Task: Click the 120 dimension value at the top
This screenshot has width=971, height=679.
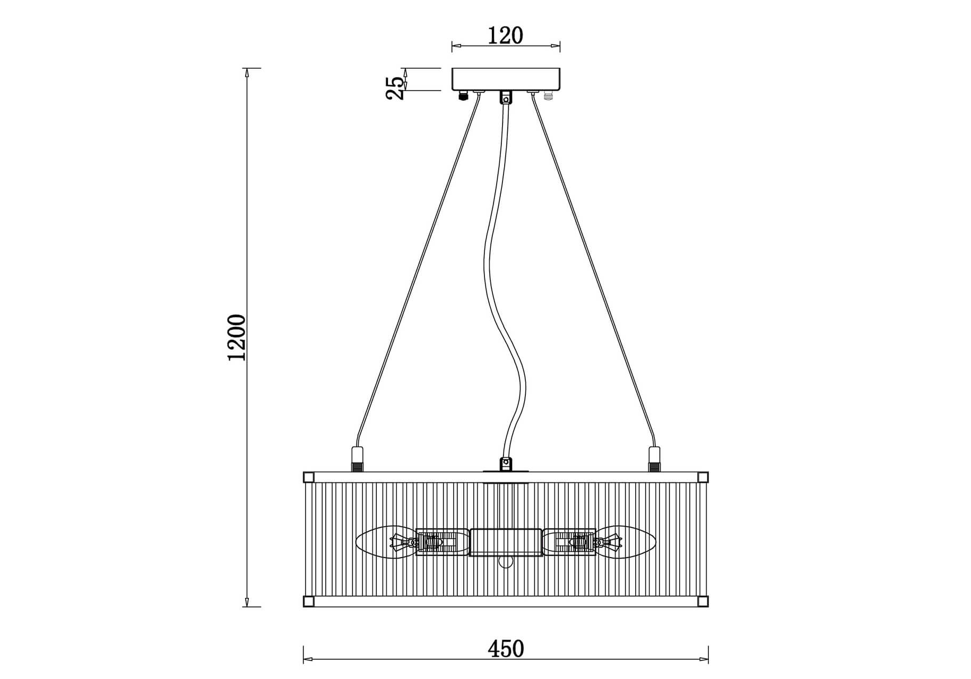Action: pyautogui.click(x=505, y=36)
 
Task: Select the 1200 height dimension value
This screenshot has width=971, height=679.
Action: pyautogui.click(x=237, y=338)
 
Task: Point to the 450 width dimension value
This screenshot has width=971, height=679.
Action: pyautogui.click(x=506, y=648)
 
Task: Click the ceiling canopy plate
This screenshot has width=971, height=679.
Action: pyautogui.click(x=506, y=80)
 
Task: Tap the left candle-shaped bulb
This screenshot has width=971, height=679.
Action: pyautogui.click(x=386, y=542)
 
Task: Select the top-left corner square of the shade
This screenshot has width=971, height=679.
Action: pyautogui.click(x=308, y=477)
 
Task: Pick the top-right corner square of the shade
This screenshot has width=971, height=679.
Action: pyautogui.click(x=703, y=477)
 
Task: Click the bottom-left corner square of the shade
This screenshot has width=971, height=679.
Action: pyautogui.click(x=308, y=601)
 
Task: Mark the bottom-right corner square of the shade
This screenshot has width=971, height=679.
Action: pyautogui.click(x=703, y=601)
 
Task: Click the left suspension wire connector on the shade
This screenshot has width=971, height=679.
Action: pyautogui.click(x=357, y=459)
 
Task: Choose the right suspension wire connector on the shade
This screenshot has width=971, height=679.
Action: pyautogui.click(x=654, y=459)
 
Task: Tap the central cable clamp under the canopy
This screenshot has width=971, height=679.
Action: pyautogui.click(x=506, y=98)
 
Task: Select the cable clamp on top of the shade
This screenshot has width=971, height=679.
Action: pyautogui.click(x=506, y=463)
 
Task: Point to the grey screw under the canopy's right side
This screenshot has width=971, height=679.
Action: pyautogui.click(x=548, y=95)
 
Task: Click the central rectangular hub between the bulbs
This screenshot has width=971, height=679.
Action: pyautogui.click(x=506, y=542)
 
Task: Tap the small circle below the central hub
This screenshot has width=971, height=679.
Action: pyautogui.click(x=506, y=562)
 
